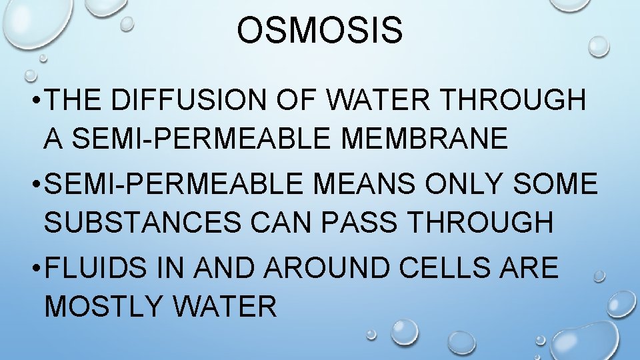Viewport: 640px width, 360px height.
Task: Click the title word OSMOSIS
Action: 320,31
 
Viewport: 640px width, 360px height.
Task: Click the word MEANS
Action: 357,184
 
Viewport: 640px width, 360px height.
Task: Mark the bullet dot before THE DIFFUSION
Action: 32,101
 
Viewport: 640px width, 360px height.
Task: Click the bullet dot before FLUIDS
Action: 32,269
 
